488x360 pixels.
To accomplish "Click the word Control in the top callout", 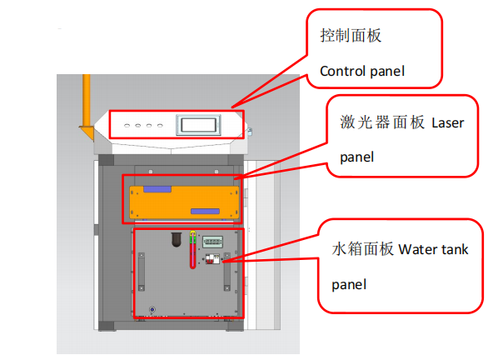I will coord(341,71).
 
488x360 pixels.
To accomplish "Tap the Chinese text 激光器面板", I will coord(371,123).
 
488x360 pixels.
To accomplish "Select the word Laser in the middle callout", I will coord(447,123).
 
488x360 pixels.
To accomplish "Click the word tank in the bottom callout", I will coord(455,249).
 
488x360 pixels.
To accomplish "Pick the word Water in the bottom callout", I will coord(416,249).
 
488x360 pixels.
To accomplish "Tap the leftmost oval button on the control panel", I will coord(126,127).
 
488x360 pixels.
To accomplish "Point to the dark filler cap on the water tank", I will coord(177,239).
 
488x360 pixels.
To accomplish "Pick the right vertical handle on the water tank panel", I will coord(227,276).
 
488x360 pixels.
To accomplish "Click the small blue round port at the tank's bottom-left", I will coord(152,310).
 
